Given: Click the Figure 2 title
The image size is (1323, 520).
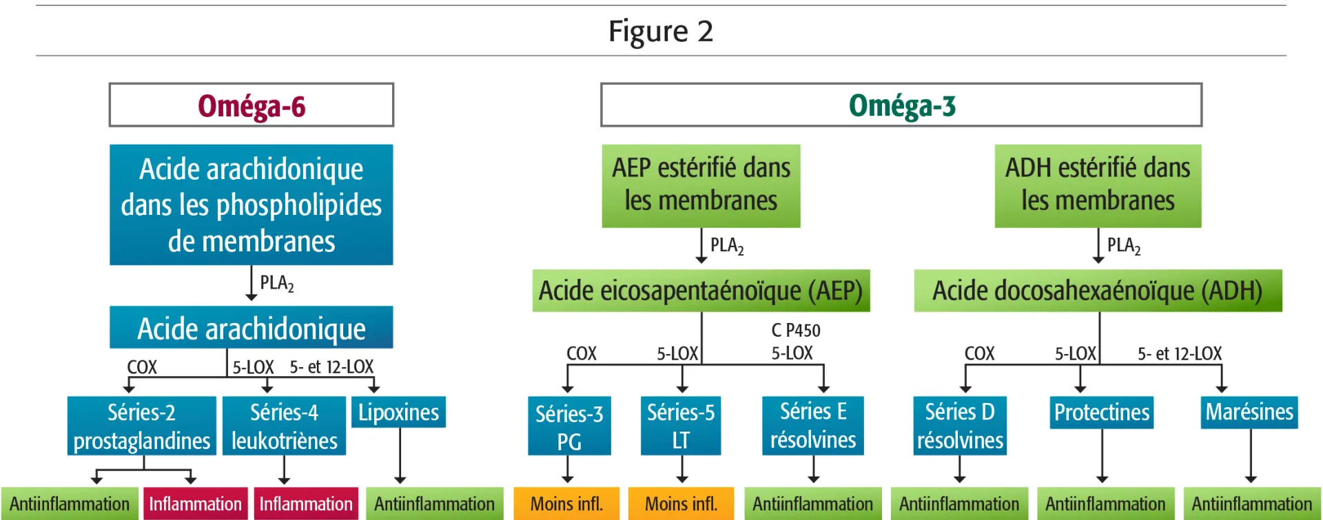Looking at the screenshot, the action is [661, 32].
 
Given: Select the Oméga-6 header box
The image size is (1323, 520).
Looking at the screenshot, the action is [252, 105].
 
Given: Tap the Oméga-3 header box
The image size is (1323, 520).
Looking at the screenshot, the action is [901, 105].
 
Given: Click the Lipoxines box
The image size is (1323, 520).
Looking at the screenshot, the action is [398, 412].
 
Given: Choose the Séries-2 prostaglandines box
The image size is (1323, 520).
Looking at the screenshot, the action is [142, 426].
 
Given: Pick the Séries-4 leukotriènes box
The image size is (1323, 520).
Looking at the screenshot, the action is [284, 426].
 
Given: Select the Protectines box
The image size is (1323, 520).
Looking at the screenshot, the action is [1102, 412].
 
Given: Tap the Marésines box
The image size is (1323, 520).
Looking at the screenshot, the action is [1249, 412].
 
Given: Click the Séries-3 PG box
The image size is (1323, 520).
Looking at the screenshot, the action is [569, 426].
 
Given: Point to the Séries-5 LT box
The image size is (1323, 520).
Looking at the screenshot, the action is [681, 426].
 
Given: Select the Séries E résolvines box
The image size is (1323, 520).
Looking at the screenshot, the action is [813, 426].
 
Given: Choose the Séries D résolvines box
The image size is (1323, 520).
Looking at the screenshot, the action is [960, 426].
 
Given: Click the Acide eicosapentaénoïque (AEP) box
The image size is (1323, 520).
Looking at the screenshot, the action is [701, 291].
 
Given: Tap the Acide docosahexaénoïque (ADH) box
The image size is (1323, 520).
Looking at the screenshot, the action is [1098, 291].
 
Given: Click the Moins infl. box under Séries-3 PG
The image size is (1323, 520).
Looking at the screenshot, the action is [566, 503].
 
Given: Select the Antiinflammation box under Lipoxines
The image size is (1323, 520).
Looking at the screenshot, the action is [435, 503].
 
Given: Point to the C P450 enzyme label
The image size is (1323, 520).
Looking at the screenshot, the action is [796, 331].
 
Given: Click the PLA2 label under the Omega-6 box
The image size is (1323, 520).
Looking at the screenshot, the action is [277, 283].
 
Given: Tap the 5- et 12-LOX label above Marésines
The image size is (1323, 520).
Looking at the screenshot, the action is [1180, 354].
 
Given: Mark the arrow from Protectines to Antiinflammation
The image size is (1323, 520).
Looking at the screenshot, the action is [1102, 455].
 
